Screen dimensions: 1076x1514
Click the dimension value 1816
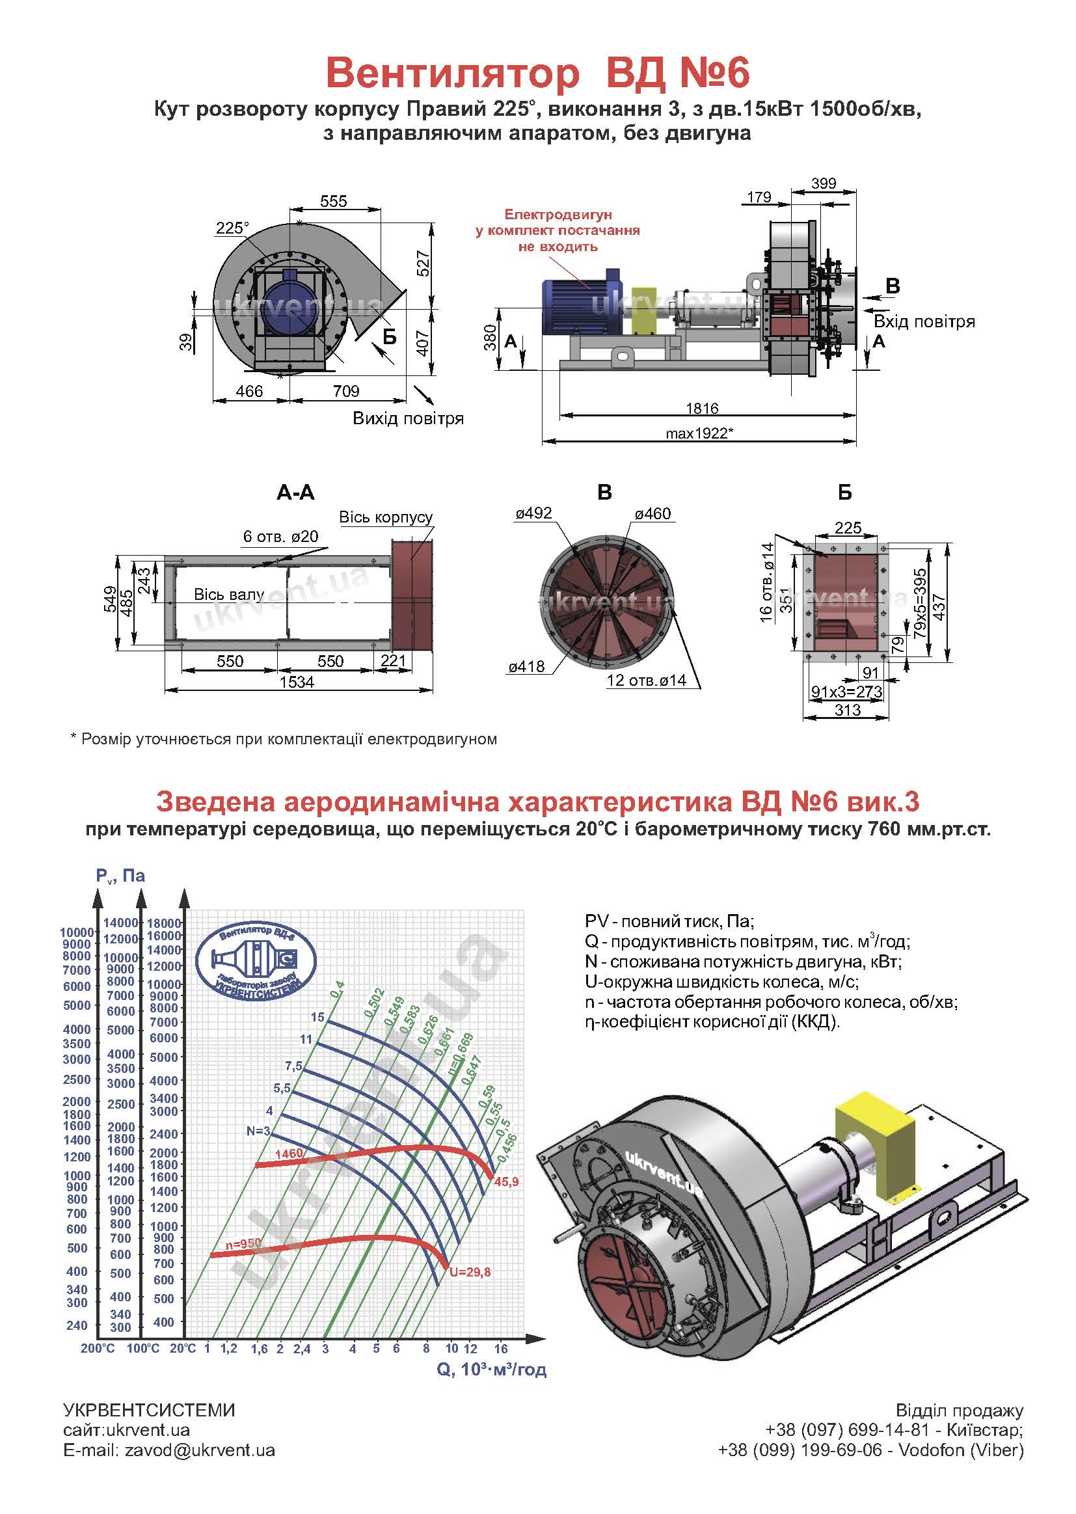pyautogui.click(x=703, y=407)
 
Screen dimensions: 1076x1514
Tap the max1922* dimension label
pyautogui.click(x=700, y=433)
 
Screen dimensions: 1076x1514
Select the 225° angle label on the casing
pyautogui.click(x=232, y=228)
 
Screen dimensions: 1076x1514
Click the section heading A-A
pyautogui.click(x=295, y=493)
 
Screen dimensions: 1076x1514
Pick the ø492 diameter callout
pyautogui.click(x=534, y=513)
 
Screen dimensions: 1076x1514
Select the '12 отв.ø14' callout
pyautogui.click(x=647, y=680)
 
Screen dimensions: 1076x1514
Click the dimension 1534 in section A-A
pyautogui.click(x=296, y=682)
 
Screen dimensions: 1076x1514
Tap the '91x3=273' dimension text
pyautogui.click(x=847, y=692)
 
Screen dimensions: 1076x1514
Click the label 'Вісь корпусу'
pyautogui.click(x=386, y=517)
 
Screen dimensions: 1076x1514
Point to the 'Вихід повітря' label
pyautogui.click(x=408, y=419)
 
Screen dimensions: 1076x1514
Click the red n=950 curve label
pyautogui.click(x=243, y=1245)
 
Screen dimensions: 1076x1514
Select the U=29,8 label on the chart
pyautogui.click(x=470, y=1272)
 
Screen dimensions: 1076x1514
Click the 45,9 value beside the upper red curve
pyautogui.click(x=506, y=1182)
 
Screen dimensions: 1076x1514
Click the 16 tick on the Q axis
pyautogui.click(x=501, y=1348)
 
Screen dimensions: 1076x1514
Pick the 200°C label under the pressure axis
pyautogui.click(x=98, y=1348)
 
